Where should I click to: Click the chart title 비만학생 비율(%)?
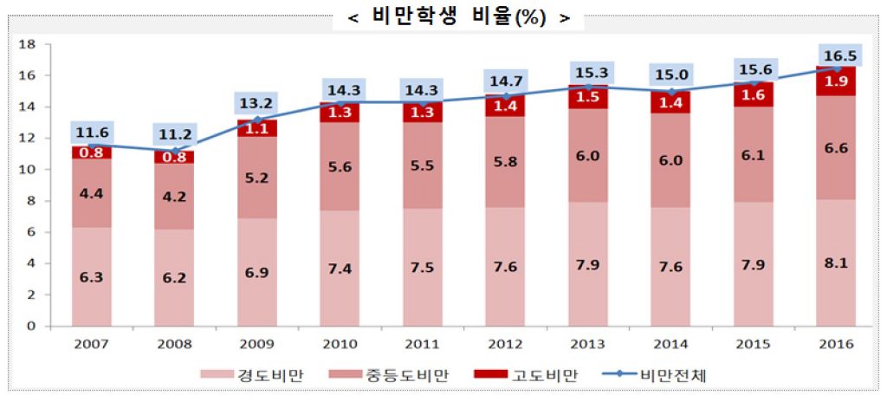(x=458, y=17)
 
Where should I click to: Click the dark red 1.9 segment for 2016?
(x=837, y=81)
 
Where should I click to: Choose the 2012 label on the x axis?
(x=506, y=345)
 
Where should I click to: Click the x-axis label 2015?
(x=754, y=345)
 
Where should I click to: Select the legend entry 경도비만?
(x=260, y=374)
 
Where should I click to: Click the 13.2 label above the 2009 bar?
(x=257, y=104)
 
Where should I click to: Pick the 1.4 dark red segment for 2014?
(x=671, y=102)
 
